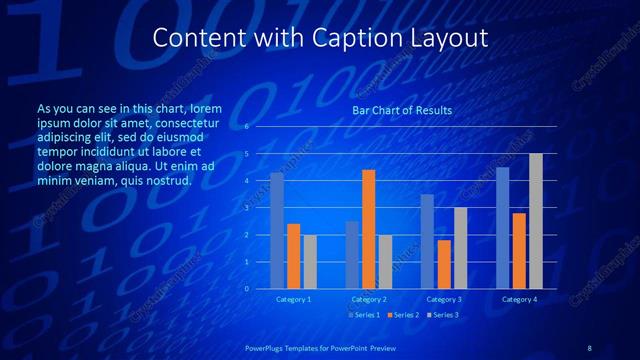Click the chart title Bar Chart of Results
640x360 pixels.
[402, 110]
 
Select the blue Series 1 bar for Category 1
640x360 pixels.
[277, 231]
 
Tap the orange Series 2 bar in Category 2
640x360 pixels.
[368, 229]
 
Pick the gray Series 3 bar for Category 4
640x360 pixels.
[536, 221]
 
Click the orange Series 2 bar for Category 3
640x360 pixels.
[444, 264]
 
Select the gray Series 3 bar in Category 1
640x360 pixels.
[310, 262]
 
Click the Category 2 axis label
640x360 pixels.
[368, 299]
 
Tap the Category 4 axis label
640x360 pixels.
[519, 299]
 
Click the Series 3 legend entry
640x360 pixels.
[443, 315]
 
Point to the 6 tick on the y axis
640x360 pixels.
[246, 127]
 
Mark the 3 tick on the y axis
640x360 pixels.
[246, 208]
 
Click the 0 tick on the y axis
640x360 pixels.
[246, 289]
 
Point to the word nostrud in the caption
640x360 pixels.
[164, 181]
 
